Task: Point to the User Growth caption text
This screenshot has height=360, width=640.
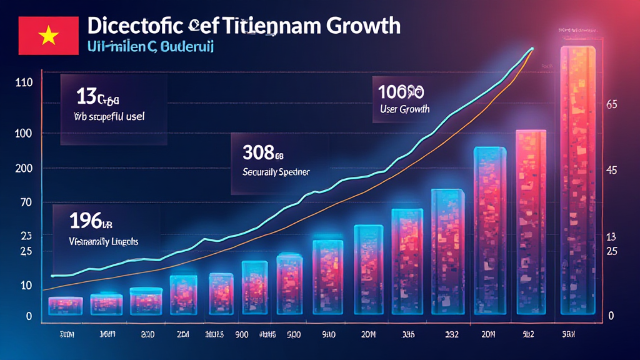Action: coord(404,109)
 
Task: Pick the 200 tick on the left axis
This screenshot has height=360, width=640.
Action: coord(24,169)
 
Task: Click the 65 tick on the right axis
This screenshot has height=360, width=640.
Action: coord(612,106)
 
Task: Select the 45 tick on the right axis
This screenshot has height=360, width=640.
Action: coord(612,171)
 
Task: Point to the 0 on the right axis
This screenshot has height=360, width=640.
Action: coord(612,316)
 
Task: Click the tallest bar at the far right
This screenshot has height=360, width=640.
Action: coord(582,181)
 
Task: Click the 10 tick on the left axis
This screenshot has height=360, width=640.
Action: coord(26,285)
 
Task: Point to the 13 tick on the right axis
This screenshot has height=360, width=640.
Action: coord(612,237)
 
